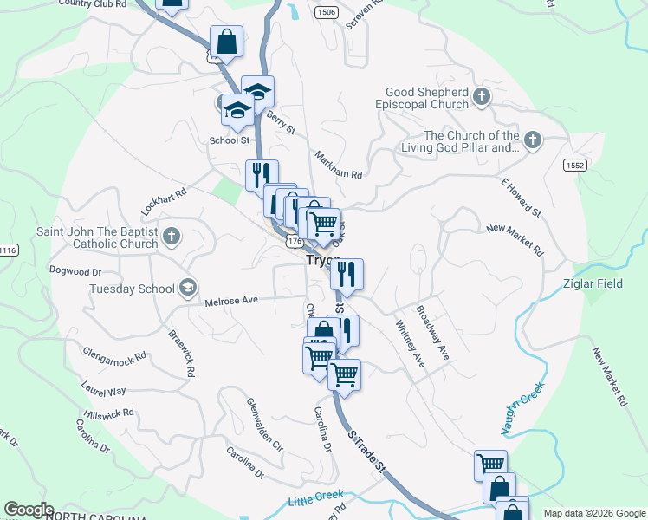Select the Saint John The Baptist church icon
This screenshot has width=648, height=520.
pos(172,236)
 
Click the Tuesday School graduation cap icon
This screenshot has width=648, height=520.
pos(187,288)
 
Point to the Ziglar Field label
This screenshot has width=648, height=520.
pos(616,284)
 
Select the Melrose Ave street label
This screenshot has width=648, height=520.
pos(231,301)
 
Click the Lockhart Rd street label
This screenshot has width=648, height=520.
pos(165,204)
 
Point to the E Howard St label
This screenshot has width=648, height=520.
pos(521,198)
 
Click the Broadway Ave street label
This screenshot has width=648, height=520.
pos(432,333)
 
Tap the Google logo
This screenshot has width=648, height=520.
pos(29,510)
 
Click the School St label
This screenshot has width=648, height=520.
pos(229,140)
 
